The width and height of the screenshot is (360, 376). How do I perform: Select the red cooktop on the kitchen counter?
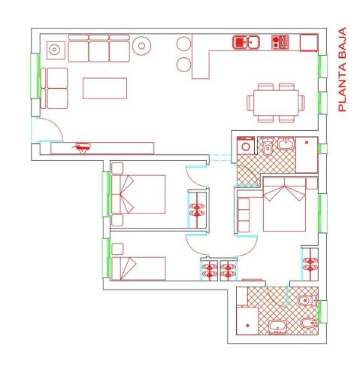coord(280,42)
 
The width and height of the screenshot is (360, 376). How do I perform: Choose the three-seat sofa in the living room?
coord(98,50)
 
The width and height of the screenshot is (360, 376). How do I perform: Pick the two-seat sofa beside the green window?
coord(56,87)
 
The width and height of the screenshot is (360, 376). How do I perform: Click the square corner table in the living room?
coord(55,50)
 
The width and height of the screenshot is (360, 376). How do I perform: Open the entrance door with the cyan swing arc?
coord(45,132)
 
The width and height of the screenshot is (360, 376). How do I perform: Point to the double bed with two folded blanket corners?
coord(285,205)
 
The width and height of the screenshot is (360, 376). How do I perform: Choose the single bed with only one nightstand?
coord(138,268)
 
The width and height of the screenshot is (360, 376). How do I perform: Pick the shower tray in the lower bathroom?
coord(248,320)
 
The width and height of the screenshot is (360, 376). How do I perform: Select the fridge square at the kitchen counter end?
coord(308,42)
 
